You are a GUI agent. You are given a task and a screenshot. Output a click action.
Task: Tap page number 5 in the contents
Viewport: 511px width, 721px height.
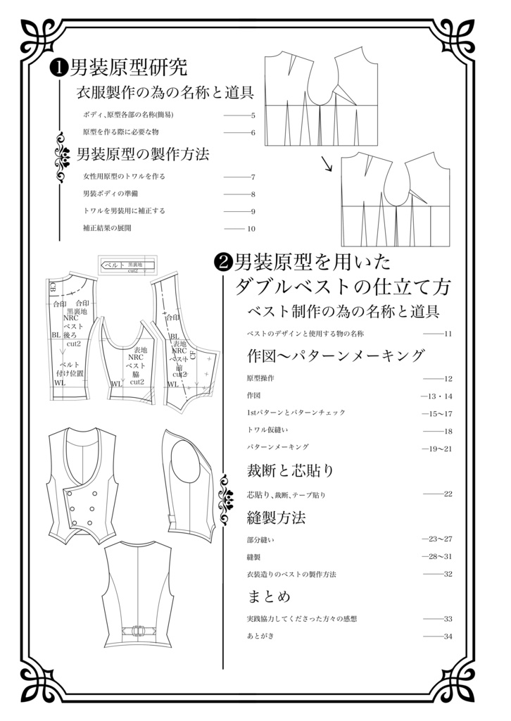pyautogui.click(x=252, y=115)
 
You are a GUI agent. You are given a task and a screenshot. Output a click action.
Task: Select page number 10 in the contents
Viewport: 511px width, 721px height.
pyautogui.click(x=251, y=228)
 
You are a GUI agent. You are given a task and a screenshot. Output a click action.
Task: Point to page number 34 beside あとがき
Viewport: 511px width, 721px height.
pyautogui.click(x=448, y=636)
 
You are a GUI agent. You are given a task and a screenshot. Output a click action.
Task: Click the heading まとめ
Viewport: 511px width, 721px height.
pyautogui.click(x=269, y=597)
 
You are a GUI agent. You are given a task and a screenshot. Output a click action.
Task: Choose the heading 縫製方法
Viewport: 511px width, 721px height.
pyautogui.click(x=277, y=518)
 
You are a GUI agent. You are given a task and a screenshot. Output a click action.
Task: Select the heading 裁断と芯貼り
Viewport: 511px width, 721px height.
pyautogui.click(x=290, y=470)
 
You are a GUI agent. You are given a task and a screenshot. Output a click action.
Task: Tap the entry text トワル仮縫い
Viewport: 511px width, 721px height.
pyautogui.click(x=268, y=430)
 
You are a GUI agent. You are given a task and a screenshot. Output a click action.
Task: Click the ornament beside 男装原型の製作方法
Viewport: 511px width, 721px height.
pyautogui.click(x=59, y=155)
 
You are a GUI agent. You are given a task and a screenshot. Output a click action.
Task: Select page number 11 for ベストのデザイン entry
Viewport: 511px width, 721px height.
pyautogui.click(x=448, y=333)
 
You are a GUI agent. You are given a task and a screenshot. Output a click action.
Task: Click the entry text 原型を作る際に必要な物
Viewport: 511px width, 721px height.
pyautogui.click(x=120, y=132)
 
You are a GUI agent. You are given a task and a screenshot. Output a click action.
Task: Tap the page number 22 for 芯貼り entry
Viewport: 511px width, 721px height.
pyautogui.click(x=448, y=494)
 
